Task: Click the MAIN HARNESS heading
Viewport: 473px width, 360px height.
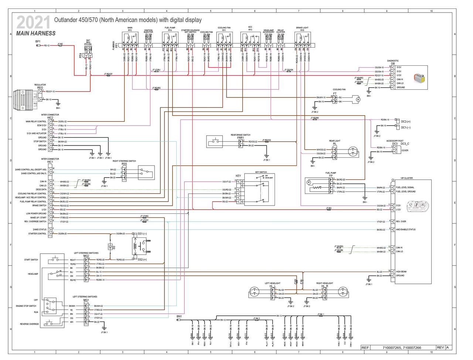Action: [36, 33]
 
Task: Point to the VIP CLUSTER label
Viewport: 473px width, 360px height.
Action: [406, 178]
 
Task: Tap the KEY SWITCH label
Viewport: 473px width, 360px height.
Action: [261, 172]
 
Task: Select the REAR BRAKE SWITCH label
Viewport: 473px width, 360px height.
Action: [240, 135]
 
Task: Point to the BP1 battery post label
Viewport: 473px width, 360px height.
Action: [38, 41]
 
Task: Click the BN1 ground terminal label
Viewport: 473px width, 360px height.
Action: [179, 316]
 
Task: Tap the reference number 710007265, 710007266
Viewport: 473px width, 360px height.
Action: [402, 347]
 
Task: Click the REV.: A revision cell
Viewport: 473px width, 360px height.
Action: [443, 347]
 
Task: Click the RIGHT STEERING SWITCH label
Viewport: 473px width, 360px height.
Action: [124, 161]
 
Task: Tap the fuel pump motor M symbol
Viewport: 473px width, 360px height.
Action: [309, 182]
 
